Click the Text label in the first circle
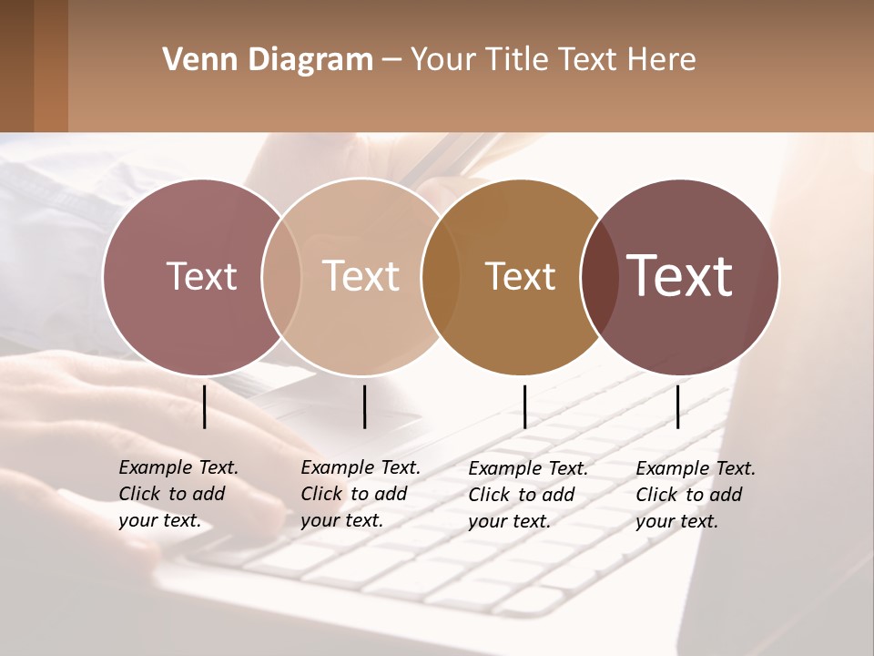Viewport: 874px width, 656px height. tap(201, 276)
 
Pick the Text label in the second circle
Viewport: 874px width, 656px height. tap(361, 276)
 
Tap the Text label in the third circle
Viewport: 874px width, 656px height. tap(520, 276)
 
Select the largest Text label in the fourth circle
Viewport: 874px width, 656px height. tap(680, 276)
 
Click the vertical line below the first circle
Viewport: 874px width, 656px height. tap(205, 406)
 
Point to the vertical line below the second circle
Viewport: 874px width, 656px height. tap(364, 406)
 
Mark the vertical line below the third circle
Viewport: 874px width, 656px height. tap(525, 406)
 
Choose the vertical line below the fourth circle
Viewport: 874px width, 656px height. tap(677, 406)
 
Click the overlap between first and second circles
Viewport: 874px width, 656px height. tap(281, 276)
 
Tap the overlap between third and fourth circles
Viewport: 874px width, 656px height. tap(597, 276)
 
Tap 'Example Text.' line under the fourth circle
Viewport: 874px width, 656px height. tap(696, 468)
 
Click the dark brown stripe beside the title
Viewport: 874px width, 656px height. tap(16, 66)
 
